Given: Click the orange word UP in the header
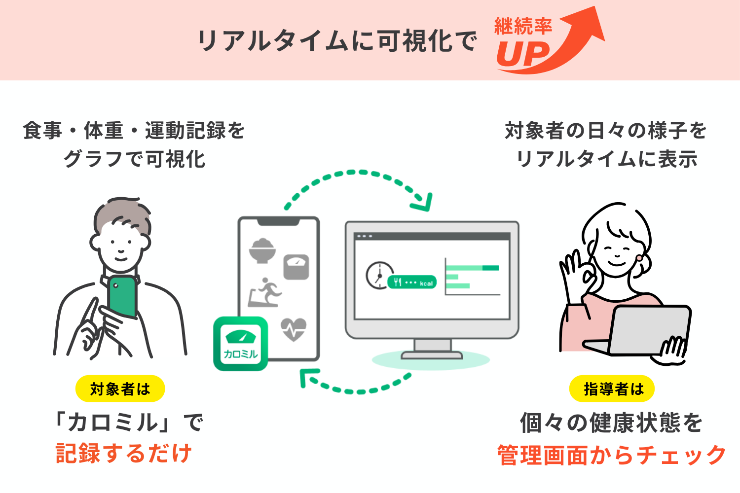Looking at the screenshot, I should (x=522, y=54).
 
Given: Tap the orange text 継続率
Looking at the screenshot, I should (x=523, y=26).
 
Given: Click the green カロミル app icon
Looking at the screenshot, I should (x=241, y=344).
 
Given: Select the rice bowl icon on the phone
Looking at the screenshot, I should (x=262, y=250).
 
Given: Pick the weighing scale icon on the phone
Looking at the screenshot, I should (x=296, y=267).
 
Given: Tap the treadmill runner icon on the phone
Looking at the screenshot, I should (x=265, y=292).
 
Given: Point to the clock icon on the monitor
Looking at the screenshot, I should (x=379, y=274).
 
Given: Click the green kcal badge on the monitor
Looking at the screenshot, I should (x=412, y=282).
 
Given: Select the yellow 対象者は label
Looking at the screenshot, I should (x=120, y=389).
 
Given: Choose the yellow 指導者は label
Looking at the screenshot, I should (x=612, y=389).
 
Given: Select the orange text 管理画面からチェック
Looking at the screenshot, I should (x=612, y=455).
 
